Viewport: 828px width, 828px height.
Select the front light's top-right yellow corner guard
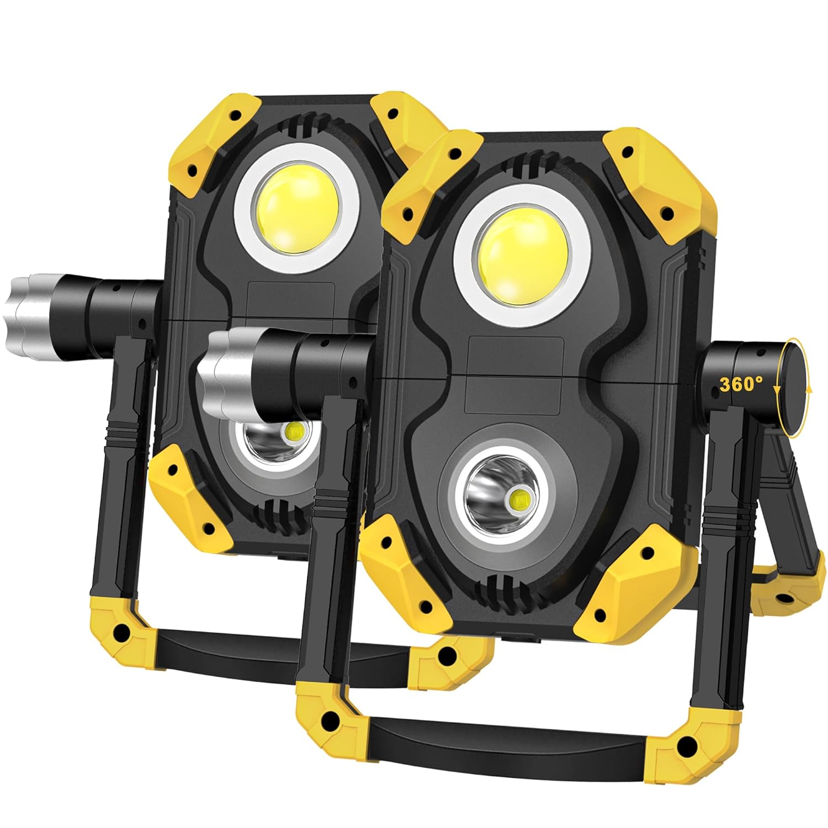(x=654, y=177)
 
